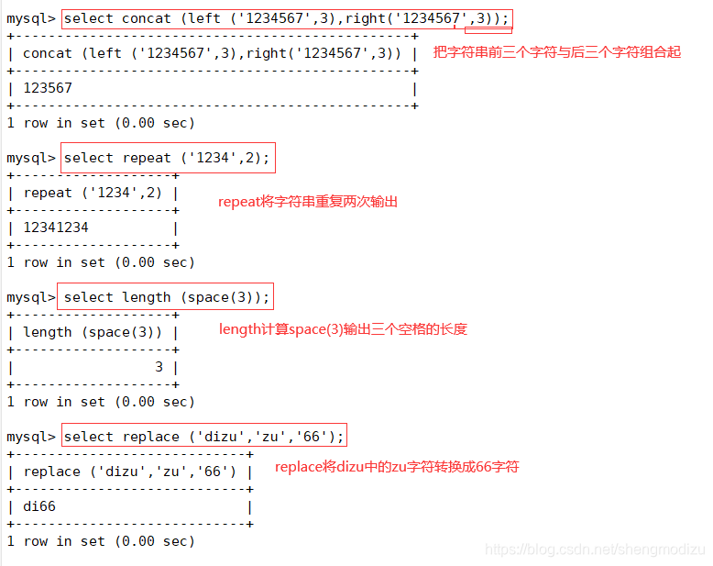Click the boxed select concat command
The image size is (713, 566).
286,18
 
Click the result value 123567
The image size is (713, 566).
48,88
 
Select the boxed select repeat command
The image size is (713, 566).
167,158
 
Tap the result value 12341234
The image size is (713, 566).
56,228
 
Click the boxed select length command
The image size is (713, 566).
167,297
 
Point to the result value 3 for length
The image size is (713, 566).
159,367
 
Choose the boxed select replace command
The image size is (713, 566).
203,437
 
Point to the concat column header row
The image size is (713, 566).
212,53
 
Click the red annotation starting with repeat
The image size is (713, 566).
308,201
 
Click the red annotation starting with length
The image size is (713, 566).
343,328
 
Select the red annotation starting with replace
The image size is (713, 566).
397,467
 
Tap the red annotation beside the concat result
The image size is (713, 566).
557,52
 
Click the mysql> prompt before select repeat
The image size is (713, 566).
30,158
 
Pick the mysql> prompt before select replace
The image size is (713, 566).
30,437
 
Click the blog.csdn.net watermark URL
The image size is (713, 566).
595,549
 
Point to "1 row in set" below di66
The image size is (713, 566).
100,541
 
